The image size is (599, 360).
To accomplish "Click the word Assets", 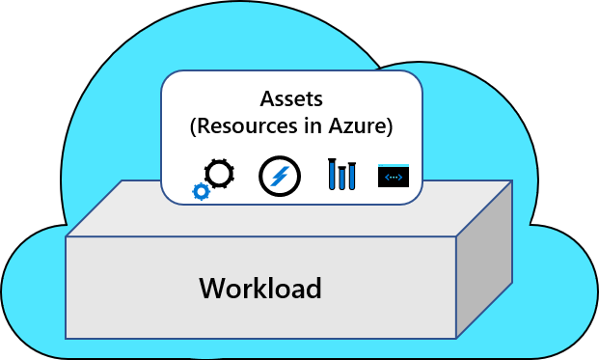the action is click(291, 99).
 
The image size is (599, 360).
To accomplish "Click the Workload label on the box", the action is click(260, 289).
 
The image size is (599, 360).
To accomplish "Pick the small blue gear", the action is click(202, 191).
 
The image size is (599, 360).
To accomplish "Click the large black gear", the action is click(219, 174).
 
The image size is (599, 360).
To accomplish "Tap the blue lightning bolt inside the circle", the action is click(280, 177).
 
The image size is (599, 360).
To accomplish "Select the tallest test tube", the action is click(332, 174).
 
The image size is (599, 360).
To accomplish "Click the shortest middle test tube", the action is click(341, 179).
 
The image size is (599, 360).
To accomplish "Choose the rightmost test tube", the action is click(352, 177).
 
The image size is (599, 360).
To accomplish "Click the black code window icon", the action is click(394, 176).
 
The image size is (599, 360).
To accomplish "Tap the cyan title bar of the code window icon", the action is click(394, 166).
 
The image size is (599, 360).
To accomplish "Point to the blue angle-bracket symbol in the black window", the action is click(394, 178).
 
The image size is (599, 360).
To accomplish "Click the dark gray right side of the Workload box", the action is click(484, 260).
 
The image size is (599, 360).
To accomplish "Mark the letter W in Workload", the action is click(212, 289).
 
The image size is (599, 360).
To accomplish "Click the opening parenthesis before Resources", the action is click(193, 126).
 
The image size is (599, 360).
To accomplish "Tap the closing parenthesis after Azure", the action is click(390, 126).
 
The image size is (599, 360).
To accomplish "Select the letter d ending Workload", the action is click(313, 289).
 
